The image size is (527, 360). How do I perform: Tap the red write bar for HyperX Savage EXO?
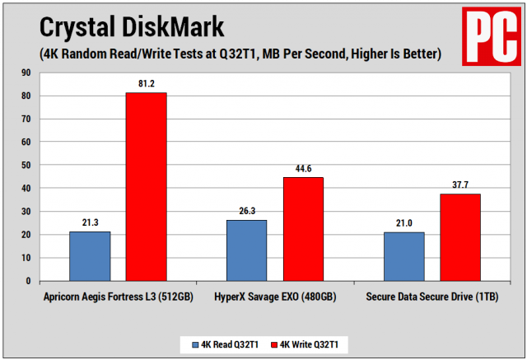(303, 229)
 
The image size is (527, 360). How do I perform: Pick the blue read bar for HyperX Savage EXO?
(246, 250)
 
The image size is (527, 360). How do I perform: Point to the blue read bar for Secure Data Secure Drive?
(403, 256)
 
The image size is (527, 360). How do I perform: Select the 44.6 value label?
(303, 169)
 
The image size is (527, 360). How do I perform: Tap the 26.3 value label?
(246, 211)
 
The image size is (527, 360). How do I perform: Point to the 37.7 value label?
(460, 185)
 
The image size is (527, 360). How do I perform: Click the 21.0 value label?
(403, 223)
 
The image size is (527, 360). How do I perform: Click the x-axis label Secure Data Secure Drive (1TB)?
(431, 296)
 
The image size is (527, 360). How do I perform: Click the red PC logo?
(490, 33)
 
